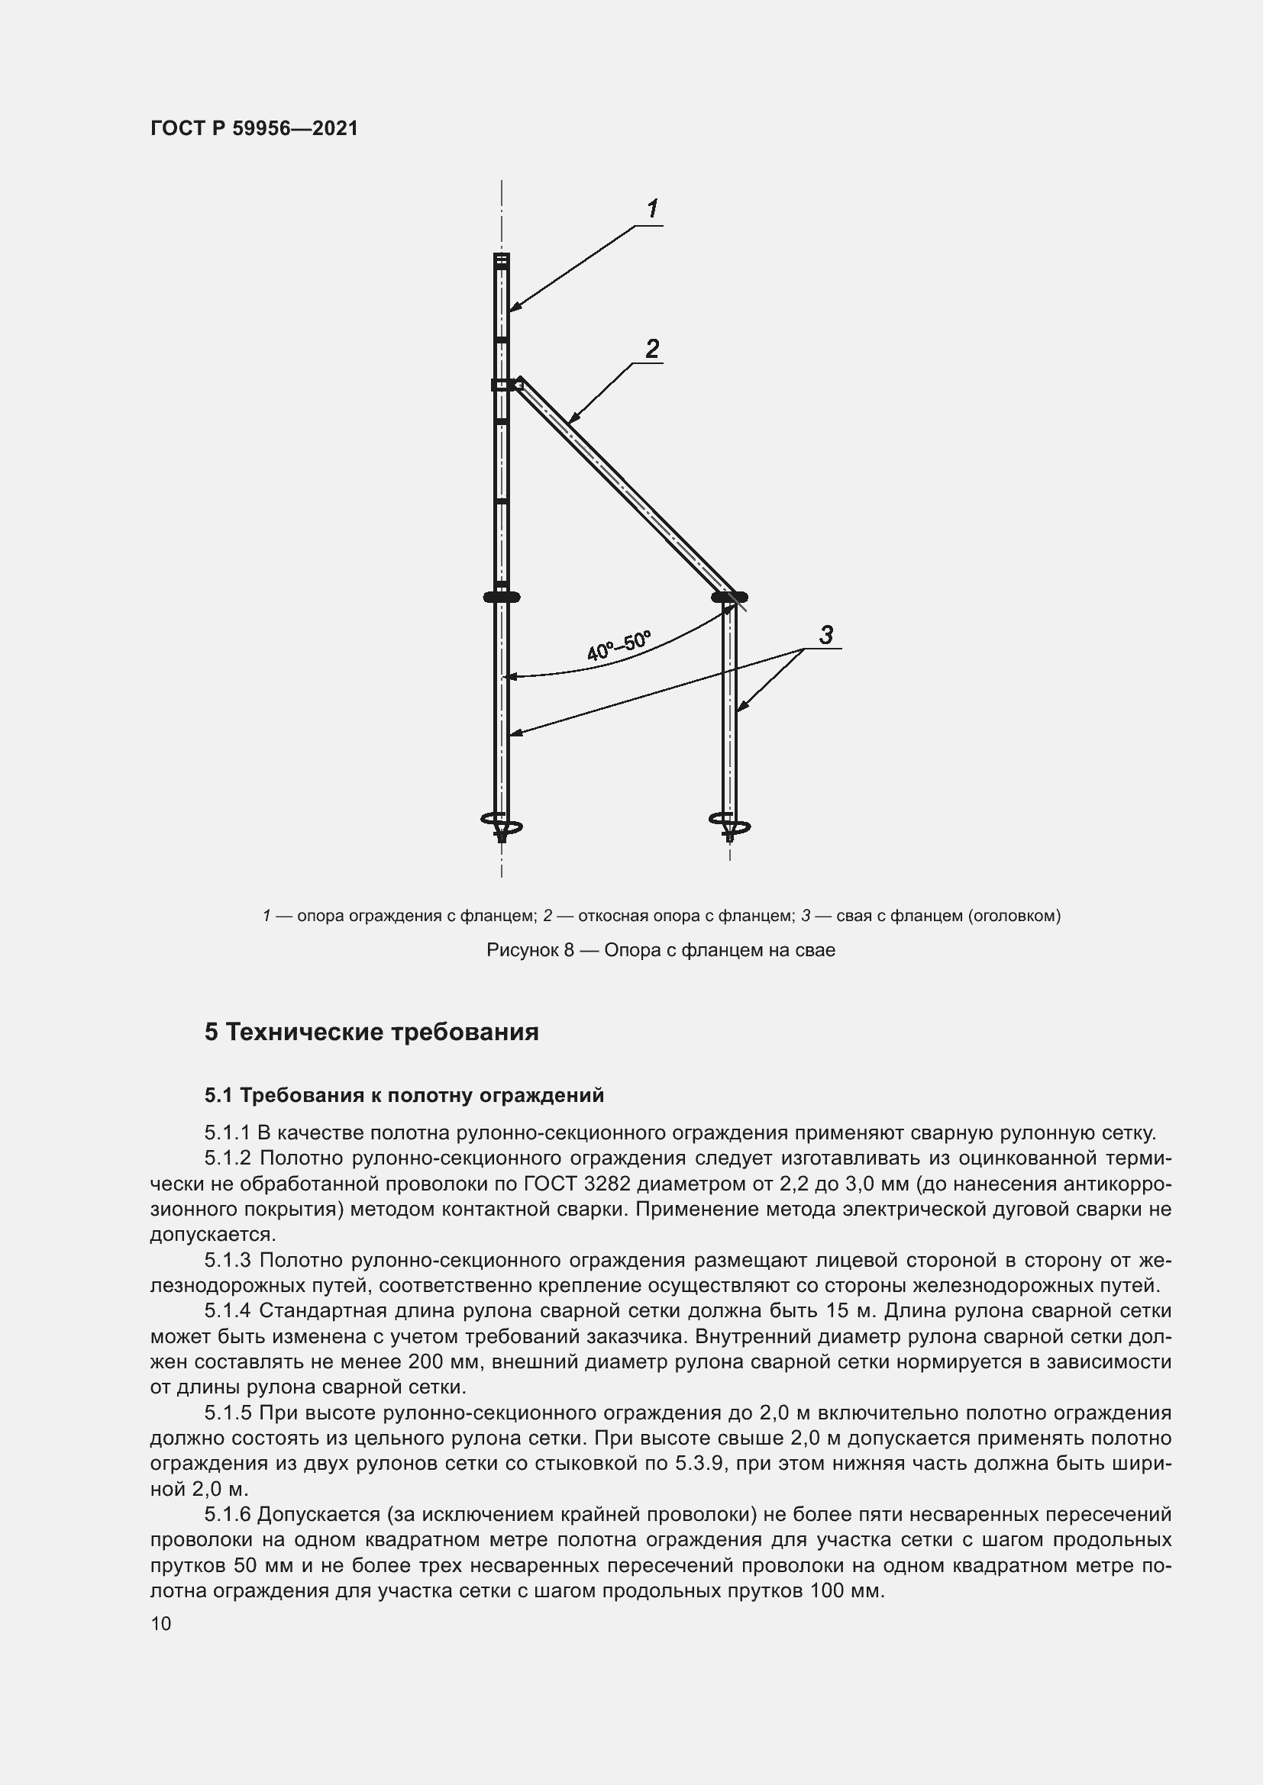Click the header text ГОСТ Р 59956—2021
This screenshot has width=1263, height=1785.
tap(254, 129)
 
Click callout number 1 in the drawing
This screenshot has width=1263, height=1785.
tap(652, 208)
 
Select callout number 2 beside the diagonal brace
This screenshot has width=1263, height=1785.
tap(651, 348)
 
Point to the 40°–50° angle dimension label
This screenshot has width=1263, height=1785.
tap(619, 646)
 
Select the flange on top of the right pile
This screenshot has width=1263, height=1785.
tap(729, 597)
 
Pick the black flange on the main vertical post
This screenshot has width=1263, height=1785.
tap(502, 597)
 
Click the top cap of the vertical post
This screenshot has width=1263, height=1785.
tap(502, 259)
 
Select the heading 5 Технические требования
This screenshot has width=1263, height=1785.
tap(371, 1033)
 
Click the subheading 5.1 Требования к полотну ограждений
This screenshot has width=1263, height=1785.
tap(404, 1095)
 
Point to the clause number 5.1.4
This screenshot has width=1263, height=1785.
tap(227, 1311)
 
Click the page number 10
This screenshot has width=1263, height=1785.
tap(161, 1623)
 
